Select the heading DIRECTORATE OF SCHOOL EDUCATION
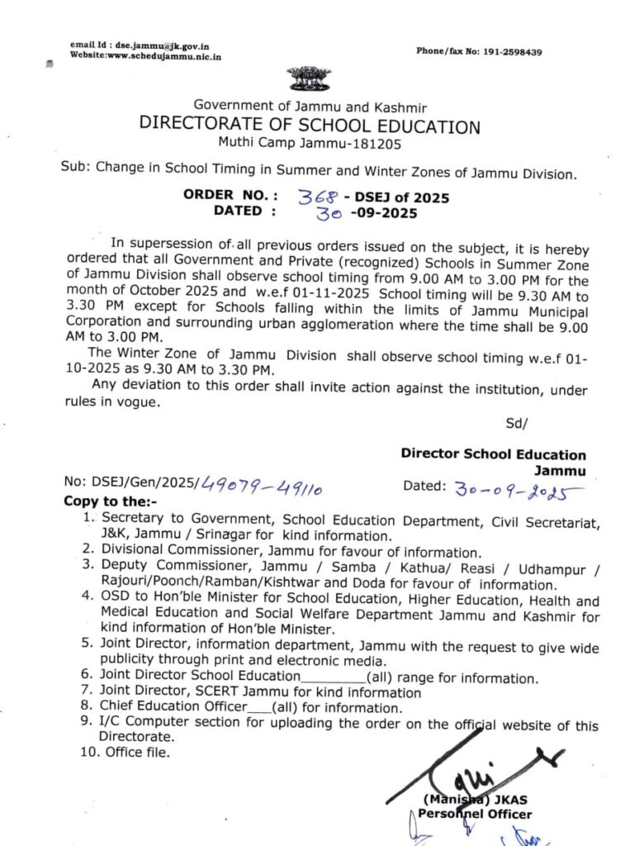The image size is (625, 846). point(310,126)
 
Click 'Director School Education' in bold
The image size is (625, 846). point(493,454)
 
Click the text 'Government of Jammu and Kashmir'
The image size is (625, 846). point(310,106)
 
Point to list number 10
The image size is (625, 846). point(88,752)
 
